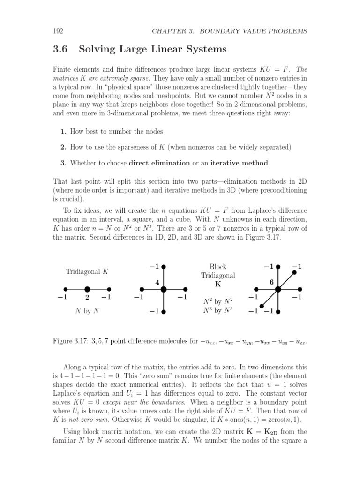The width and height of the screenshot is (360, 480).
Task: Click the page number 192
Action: [58, 31]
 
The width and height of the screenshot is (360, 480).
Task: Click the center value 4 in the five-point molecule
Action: [158, 282]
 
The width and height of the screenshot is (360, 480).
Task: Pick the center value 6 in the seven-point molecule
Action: [271, 282]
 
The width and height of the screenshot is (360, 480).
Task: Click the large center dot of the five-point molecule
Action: [164, 289]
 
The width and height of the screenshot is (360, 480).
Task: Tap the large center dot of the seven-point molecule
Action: [278, 289]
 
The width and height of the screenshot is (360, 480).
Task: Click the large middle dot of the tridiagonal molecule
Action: [87, 289]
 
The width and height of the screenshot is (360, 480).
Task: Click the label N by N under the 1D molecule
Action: [87, 310]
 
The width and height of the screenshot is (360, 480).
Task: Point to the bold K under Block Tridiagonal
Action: [218, 284]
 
